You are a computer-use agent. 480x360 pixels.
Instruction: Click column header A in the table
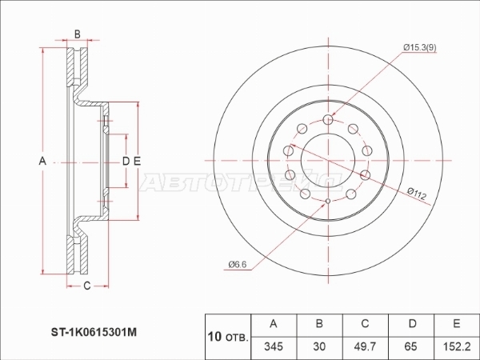click(x=274, y=324)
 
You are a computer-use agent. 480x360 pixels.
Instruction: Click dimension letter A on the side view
click(x=42, y=161)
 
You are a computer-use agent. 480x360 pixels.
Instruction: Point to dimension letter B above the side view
click(x=77, y=34)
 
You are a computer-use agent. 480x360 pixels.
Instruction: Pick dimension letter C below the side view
click(x=86, y=286)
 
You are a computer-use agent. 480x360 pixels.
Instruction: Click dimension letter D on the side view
click(x=125, y=161)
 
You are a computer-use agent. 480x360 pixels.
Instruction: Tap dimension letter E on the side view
click(x=137, y=161)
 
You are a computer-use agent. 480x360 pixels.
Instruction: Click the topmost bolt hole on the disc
click(x=329, y=120)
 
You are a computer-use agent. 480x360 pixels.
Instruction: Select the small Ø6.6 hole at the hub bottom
click(x=329, y=201)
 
